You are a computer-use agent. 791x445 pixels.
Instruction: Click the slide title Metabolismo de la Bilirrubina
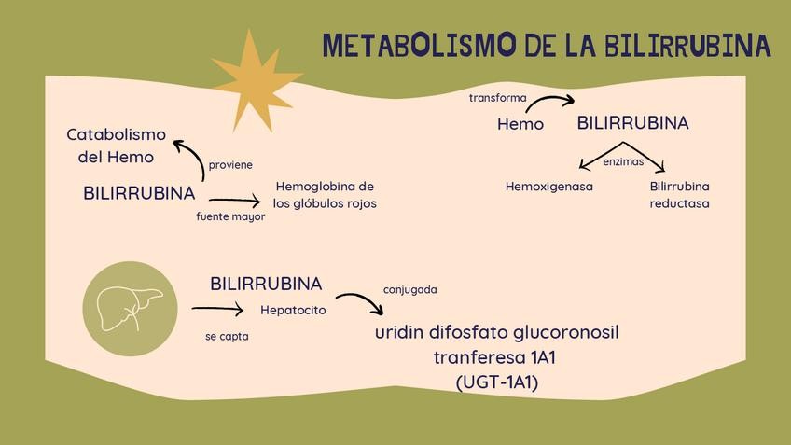547,45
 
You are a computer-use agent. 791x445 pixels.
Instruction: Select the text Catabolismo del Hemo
116,146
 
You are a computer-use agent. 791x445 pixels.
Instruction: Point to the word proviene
230,165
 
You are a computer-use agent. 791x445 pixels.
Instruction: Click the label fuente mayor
230,216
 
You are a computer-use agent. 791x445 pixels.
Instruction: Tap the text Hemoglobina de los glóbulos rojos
325,195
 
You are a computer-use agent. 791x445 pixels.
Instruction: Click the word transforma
497,97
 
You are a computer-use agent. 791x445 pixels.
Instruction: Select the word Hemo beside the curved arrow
520,124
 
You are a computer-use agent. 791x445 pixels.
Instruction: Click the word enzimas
623,161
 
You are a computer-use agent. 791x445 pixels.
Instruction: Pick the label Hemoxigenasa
549,187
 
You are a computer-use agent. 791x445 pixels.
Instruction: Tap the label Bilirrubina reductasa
680,195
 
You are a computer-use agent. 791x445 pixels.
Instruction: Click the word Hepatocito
293,310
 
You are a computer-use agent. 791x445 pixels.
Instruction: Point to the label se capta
227,336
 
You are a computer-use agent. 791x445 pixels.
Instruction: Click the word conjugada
410,289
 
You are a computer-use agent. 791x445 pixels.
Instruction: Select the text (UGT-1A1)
497,382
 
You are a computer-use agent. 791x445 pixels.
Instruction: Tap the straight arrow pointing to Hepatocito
217,309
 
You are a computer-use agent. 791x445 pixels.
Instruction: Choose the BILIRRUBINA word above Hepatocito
266,284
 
